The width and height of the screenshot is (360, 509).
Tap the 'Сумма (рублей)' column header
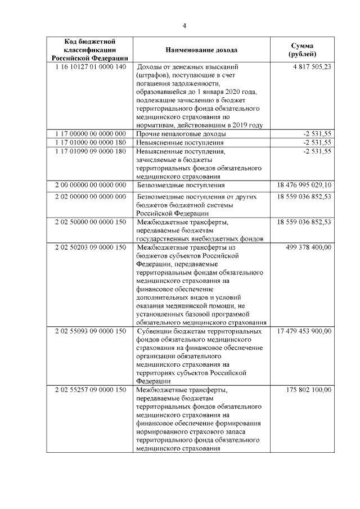pos(301,49)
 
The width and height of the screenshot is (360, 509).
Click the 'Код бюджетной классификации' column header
pos(89,49)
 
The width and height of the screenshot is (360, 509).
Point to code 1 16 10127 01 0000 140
pos(90,66)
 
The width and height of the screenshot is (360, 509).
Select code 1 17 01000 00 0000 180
pos(90,142)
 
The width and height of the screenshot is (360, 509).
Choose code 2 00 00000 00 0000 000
pos(90,184)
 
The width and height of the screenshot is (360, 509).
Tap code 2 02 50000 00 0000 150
pos(90,223)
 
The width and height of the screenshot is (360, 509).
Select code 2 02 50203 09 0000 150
pos(90,247)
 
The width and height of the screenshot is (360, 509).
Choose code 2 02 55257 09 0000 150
pos(90,389)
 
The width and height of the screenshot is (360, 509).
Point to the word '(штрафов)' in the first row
pos(152,75)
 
